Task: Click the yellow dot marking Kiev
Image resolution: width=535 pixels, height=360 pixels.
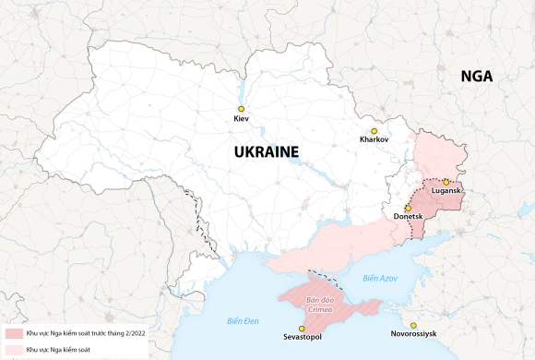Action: tap(242, 109)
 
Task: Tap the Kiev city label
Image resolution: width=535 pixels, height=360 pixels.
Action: tap(242, 120)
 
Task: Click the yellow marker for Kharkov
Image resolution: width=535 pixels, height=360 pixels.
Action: tap(374, 130)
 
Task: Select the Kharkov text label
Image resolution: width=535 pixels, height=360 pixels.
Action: tap(374, 140)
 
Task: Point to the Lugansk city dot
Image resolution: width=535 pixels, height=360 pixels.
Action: tap(446, 182)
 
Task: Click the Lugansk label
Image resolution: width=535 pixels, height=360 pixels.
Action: tap(446, 192)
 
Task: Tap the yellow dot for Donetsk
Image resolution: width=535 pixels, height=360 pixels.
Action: tap(408, 208)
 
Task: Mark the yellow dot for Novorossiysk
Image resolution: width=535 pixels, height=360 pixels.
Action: tap(413, 324)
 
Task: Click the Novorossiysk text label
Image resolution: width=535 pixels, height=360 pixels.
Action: tap(413, 334)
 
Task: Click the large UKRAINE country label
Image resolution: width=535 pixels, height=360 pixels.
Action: tap(267, 151)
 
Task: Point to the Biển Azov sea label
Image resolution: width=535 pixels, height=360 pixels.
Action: tap(379, 278)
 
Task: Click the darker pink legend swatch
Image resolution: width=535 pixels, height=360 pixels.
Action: tap(13, 332)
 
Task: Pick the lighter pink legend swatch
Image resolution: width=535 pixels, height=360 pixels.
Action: tap(13, 349)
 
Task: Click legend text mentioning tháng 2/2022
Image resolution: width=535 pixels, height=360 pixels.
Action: tap(85, 332)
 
